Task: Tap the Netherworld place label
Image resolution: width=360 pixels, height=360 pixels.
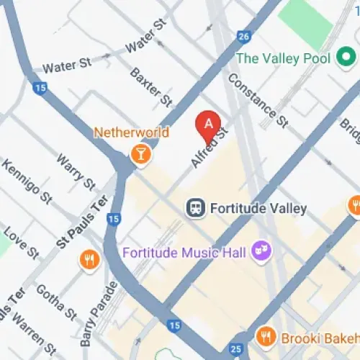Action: pos(131,133)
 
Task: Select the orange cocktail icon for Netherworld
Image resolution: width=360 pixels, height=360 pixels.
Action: pos(139,153)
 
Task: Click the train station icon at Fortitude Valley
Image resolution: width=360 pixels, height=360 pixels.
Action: pos(195,209)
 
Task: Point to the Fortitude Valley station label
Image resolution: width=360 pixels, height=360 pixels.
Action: pos(258,210)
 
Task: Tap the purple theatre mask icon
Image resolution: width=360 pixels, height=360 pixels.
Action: pos(258,251)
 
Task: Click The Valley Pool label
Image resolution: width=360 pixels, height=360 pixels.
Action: pos(282,58)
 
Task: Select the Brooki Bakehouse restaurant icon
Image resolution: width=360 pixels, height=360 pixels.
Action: pos(265,336)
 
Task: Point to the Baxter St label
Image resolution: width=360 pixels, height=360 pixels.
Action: pos(151,86)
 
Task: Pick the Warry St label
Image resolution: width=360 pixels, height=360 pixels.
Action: pos(76,171)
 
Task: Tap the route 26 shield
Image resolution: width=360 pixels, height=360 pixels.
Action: pos(243,36)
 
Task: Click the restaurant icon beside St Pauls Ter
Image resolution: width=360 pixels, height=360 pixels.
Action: pos(89,259)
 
